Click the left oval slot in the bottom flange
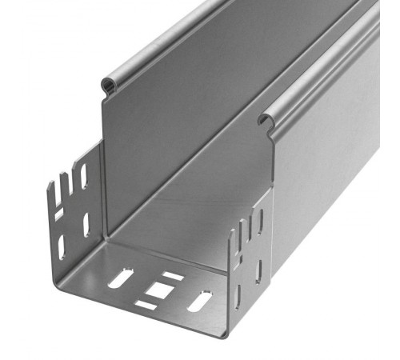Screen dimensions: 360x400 (x=119, y=278)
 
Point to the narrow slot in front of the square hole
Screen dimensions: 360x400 (x=146, y=305)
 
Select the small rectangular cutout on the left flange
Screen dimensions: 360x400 (x=58, y=215)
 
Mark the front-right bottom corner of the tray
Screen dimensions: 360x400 (x=227, y=334)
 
